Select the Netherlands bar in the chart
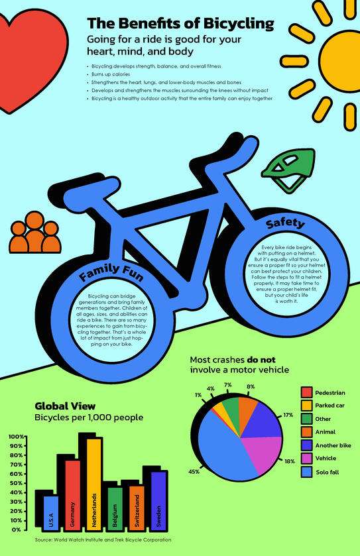[94, 484]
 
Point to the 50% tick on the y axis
[17, 483]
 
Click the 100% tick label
[16, 437]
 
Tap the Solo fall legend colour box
[306, 472]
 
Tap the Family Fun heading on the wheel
[107, 272]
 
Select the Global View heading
[65, 406]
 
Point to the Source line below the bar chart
[103, 540]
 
